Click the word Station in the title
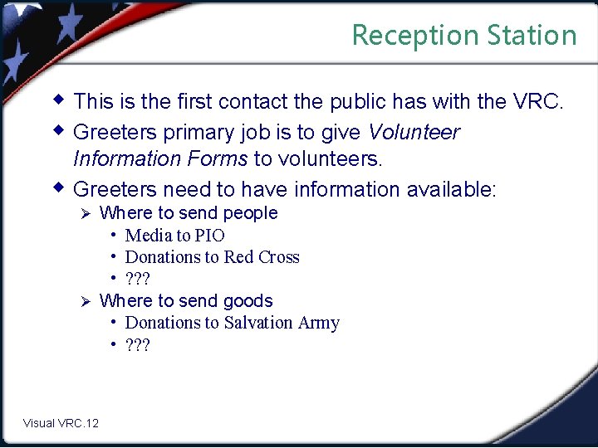pos(532,36)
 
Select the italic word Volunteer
pos(414,132)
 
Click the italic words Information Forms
pos(160,158)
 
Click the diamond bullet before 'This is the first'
pos(58,100)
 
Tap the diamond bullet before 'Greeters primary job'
pos(58,130)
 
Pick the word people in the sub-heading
pos(250,213)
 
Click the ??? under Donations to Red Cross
pos(137,279)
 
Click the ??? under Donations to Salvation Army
pos(137,344)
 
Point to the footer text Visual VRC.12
pos(61,423)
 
